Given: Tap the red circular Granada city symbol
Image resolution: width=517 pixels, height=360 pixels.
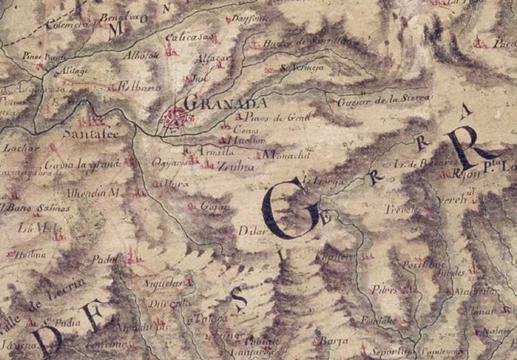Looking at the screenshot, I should click(177, 118).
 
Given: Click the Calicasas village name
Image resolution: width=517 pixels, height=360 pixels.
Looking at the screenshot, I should click(187, 38).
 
